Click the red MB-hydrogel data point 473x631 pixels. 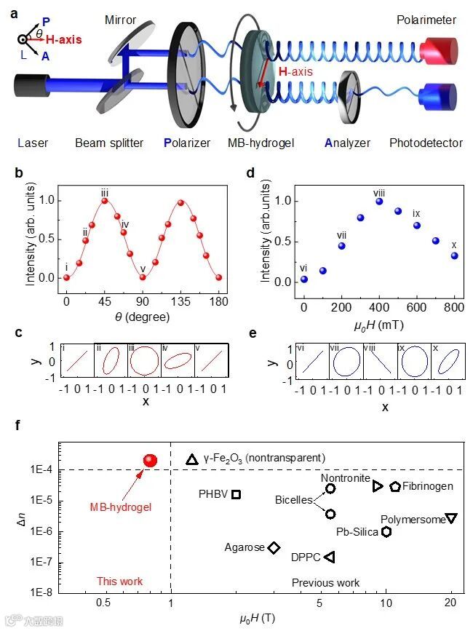click(151, 460)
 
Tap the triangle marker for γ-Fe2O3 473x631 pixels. click(192, 459)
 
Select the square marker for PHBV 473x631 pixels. click(236, 494)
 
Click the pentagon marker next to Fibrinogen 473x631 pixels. click(395, 486)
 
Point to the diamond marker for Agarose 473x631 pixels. click(274, 547)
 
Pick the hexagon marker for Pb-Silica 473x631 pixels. click(386, 531)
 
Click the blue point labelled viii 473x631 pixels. click(379, 201)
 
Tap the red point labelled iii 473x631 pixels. click(105, 201)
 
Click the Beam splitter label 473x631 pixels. click(109, 143)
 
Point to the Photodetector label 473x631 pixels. click(426, 143)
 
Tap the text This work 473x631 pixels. click(119, 582)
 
